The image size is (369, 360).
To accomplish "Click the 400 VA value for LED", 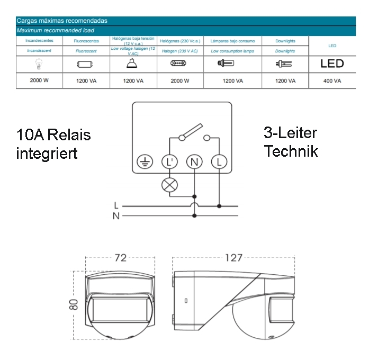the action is [332, 81].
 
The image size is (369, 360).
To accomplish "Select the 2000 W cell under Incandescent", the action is [39, 80].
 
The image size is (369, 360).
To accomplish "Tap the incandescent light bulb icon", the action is [39, 64].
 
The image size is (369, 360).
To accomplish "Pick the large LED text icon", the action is [332, 64].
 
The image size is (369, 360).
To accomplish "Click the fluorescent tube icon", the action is [85, 64].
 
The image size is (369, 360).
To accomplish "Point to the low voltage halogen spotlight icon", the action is [132, 64].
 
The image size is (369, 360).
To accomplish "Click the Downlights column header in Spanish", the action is [285, 41].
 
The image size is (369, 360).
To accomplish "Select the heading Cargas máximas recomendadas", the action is [62, 21].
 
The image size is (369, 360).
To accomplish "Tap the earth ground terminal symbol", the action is [145, 162].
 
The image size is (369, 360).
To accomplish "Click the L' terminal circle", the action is [169, 162].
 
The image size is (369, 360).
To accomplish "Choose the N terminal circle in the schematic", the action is [194, 162].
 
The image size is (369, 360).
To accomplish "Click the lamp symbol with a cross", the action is [169, 185].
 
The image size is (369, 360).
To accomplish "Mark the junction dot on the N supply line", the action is [194, 215].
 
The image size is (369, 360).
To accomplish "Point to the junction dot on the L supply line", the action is [219, 206].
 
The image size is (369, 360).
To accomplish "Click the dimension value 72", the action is [121, 258].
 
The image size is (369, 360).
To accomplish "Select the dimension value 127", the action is [233, 258].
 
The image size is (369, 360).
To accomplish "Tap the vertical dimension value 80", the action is [74, 305].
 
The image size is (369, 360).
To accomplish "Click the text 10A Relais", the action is [53, 135].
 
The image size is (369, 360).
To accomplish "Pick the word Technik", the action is [291, 151].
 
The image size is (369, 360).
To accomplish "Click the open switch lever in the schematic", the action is [191, 131].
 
